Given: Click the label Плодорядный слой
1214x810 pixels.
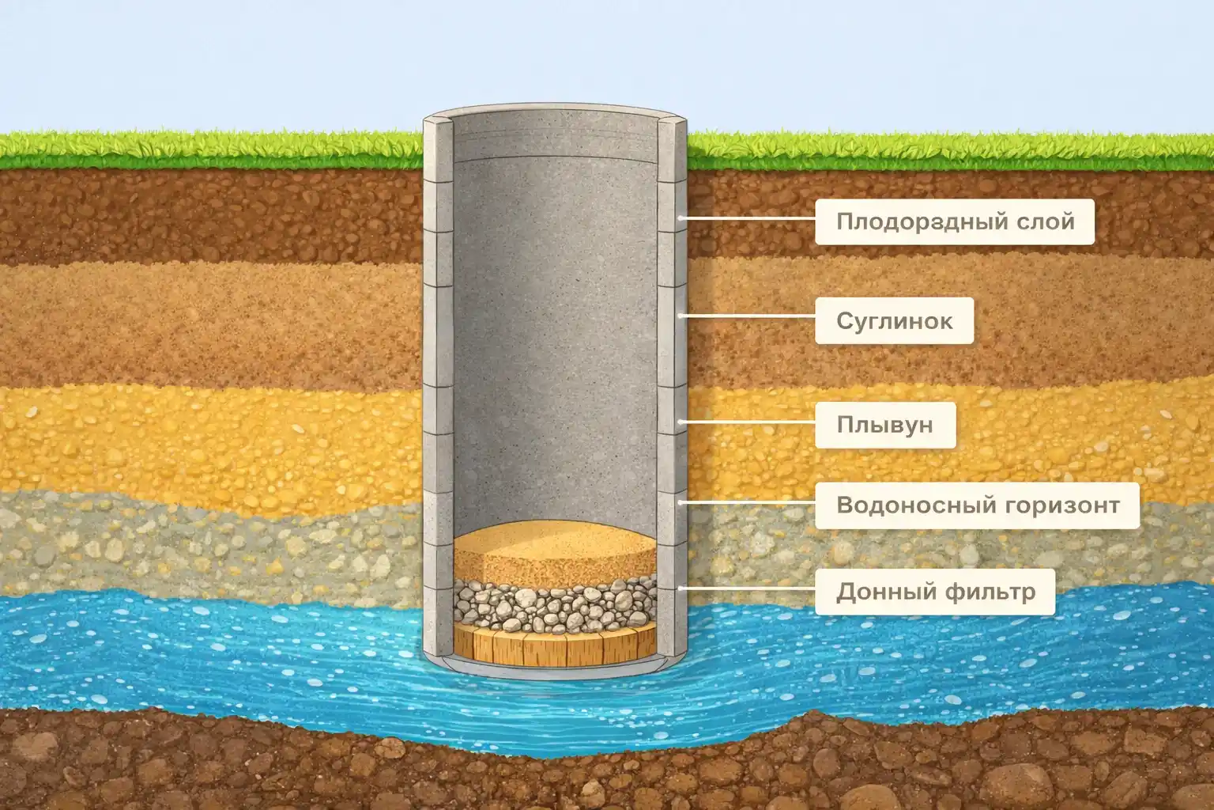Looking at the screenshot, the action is tap(955, 221).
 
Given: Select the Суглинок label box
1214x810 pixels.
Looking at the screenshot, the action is tap(894, 321).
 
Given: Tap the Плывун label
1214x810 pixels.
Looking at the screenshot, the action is tap(884, 425).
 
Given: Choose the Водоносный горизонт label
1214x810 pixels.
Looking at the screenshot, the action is tap(977, 505).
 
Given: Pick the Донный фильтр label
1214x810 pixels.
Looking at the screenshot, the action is tap(934, 591).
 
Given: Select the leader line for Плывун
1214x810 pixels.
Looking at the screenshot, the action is tap(747, 422).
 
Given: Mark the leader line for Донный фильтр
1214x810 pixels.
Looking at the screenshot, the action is tap(747, 588).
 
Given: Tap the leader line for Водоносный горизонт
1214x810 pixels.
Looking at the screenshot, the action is tap(747, 502).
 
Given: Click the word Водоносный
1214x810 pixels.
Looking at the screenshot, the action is tap(904, 505).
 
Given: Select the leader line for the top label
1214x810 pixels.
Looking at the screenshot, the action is tap(747, 218).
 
